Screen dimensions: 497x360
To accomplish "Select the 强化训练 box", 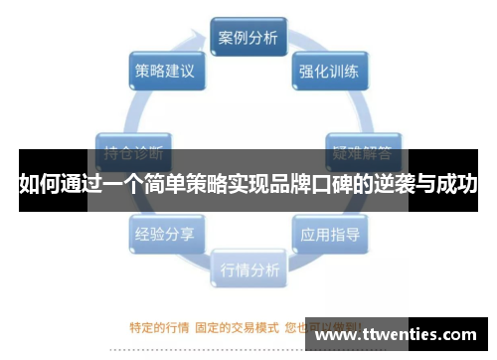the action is tap(330, 72).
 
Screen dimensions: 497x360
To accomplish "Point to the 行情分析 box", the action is tap(248, 270).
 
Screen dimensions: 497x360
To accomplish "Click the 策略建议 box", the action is tap(165, 72).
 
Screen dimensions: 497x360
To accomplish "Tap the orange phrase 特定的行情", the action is tap(157, 324).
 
